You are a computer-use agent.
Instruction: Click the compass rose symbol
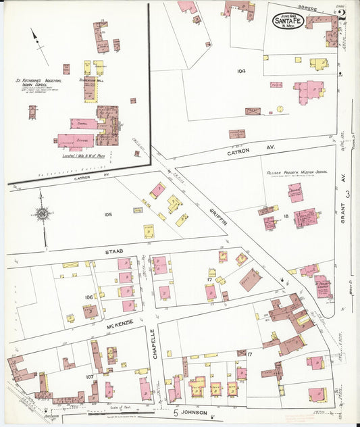(x=42, y=214)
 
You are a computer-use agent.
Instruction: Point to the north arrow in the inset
(x=39, y=46)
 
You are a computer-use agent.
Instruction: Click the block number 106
(x=88, y=297)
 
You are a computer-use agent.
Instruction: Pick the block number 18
(x=286, y=216)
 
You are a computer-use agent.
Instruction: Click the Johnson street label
(x=194, y=412)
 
